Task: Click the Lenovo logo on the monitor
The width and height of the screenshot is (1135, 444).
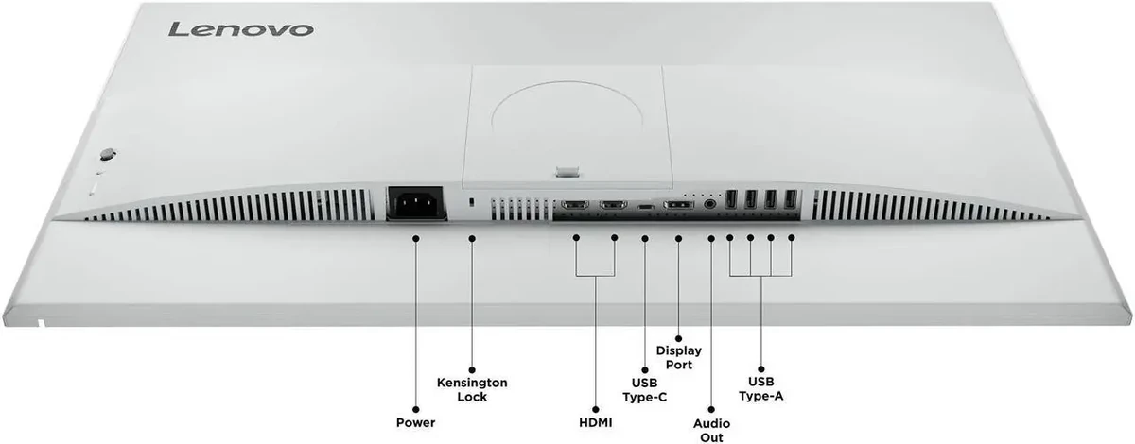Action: point(240,29)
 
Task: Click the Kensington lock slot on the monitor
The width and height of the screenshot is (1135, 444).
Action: point(472,202)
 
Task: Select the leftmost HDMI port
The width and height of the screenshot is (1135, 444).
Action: point(575,205)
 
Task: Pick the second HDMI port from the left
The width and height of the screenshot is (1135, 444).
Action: point(614,205)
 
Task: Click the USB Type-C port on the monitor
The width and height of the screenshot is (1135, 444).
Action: point(645,207)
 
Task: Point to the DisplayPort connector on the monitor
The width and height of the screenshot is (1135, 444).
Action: point(679,205)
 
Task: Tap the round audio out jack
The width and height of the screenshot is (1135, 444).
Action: point(710,204)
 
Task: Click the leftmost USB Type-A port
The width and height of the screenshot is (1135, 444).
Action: point(730,199)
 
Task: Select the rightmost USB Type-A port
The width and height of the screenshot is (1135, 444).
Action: point(791,199)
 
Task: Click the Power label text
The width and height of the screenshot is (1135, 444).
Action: point(415,422)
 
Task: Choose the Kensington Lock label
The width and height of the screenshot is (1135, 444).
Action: point(472,389)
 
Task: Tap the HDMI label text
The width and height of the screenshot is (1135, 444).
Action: point(595,422)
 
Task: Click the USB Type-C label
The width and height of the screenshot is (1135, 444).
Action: point(644,390)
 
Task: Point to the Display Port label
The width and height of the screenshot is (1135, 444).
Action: point(678,357)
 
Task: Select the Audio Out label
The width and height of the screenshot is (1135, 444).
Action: point(711,430)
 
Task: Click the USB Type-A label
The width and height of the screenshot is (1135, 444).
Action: point(760,388)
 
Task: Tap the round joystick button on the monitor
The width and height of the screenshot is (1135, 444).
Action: point(108,154)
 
